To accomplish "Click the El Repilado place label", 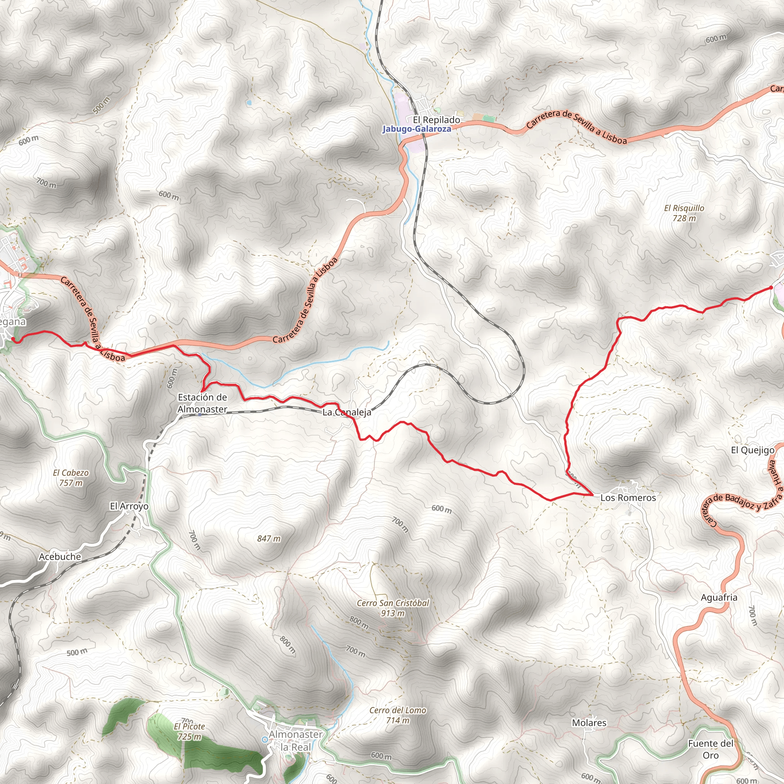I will point(436,120).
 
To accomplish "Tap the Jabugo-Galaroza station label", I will point(416,129).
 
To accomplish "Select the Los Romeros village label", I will point(628,498).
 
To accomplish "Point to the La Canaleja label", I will point(346,413).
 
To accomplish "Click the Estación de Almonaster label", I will point(202,403).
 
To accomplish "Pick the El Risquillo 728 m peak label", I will point(684,213).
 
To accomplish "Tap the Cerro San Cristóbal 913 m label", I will point(393,608).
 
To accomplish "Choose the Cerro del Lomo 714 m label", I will point(398,715).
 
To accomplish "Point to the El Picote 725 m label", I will point(189,731).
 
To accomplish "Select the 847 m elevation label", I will point(269,539).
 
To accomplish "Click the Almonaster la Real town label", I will point(296,741).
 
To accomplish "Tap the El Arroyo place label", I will point(129,506).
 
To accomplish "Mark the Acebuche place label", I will point(60,556).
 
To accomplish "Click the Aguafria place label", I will point(719,597).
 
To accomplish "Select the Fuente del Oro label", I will point(711,749).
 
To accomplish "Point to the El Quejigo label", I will point(753,450).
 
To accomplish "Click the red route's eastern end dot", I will point(771,288).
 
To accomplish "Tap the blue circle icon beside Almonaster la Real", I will point(265,739).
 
